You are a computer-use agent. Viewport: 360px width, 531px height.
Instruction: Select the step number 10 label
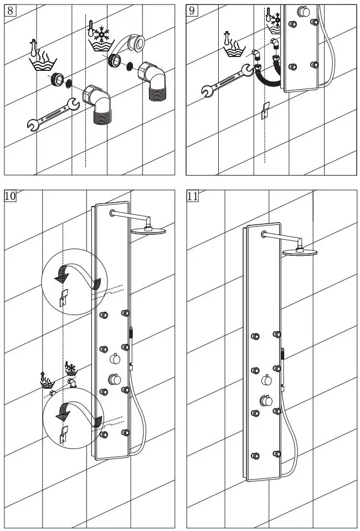pos(11,195)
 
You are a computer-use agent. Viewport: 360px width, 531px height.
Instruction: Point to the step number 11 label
pos(193,195)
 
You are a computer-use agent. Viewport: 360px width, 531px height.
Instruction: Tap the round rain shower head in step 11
pos(301,252)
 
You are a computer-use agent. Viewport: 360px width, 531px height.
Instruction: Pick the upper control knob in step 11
pos(266,380)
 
